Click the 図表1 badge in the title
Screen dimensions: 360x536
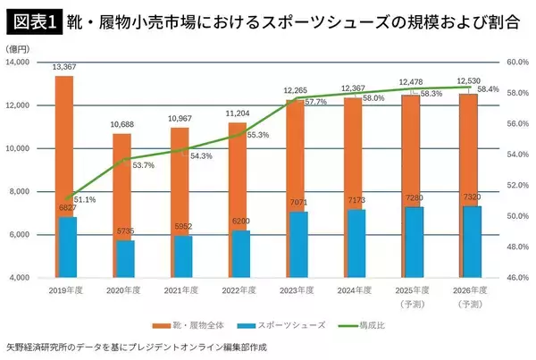[31, 20]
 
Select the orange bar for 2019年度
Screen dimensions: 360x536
[64, 143]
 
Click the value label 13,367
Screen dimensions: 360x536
[65, 66]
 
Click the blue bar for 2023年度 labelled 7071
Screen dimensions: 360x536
[299, 245]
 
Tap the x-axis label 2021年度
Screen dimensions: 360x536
[182, 290]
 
